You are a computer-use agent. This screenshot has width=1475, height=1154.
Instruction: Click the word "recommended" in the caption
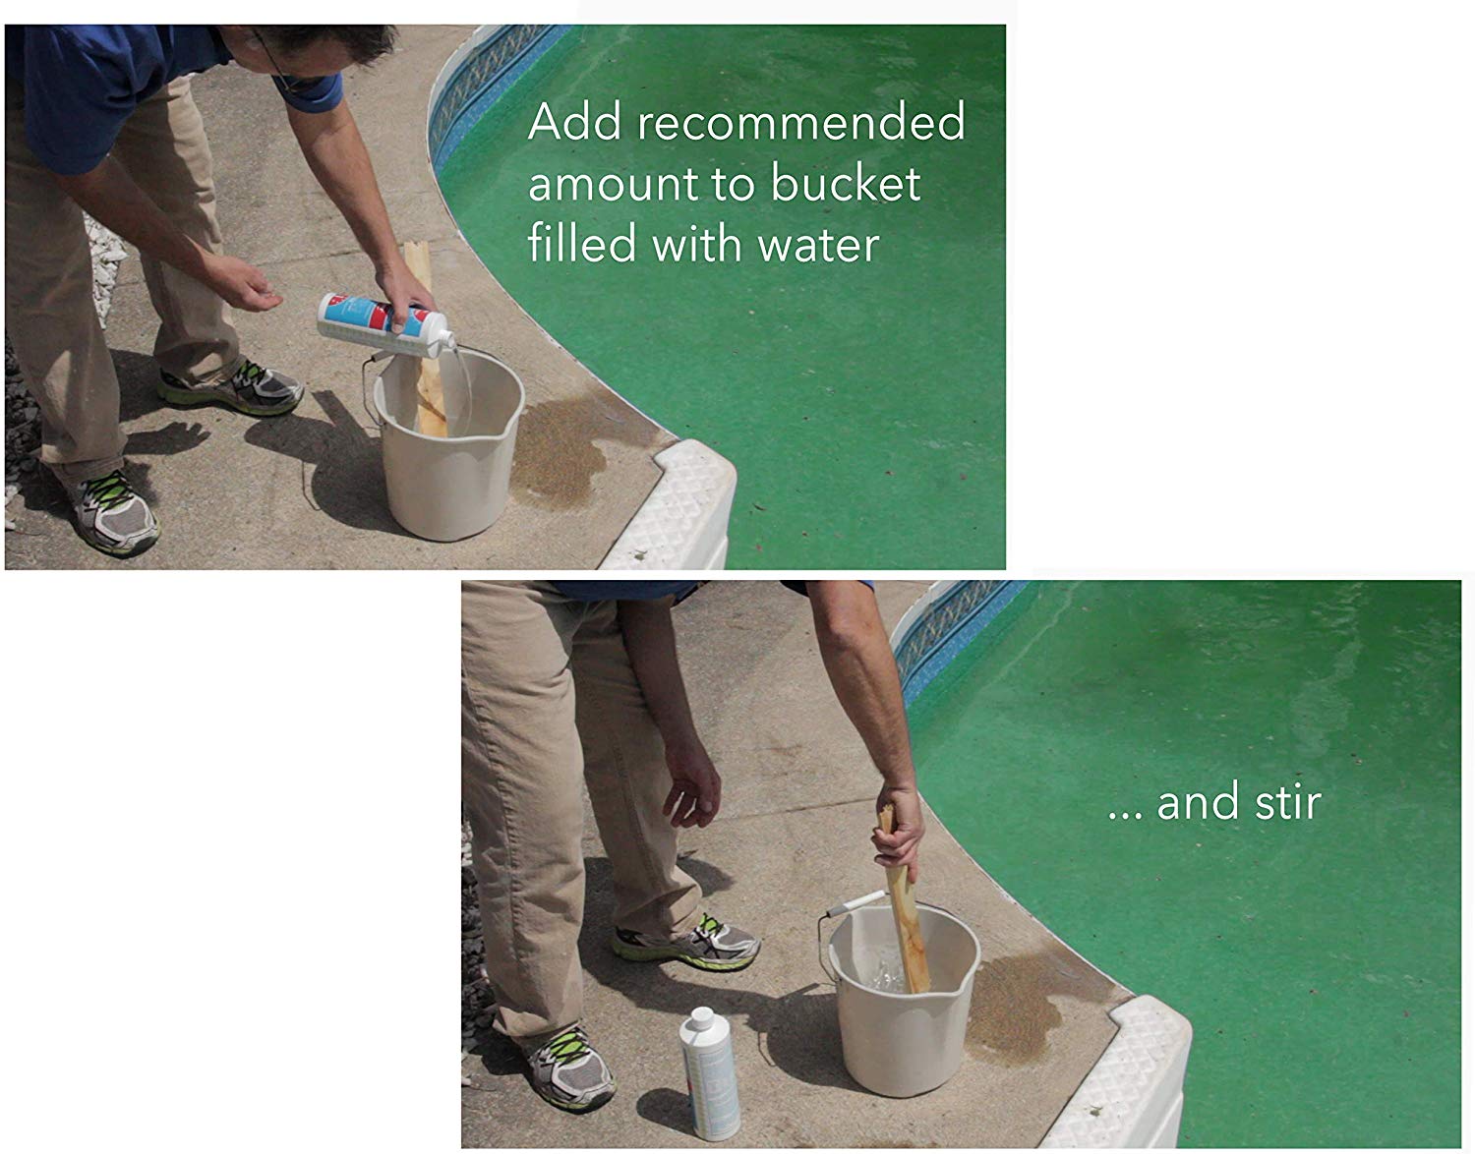tap(801, 122)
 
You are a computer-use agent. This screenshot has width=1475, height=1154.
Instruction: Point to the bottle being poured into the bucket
tap(385, 324)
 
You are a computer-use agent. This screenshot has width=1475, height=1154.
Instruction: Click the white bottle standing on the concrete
tap(709, 1072)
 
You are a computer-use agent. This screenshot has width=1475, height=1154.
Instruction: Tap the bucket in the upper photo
tap(448, 444)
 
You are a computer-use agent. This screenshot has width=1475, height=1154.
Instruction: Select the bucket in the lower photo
tap(904, 998)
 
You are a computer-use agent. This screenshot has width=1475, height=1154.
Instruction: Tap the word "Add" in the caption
tap(574, 122)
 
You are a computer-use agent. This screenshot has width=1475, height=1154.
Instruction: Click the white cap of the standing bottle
tap(702, 1017)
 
